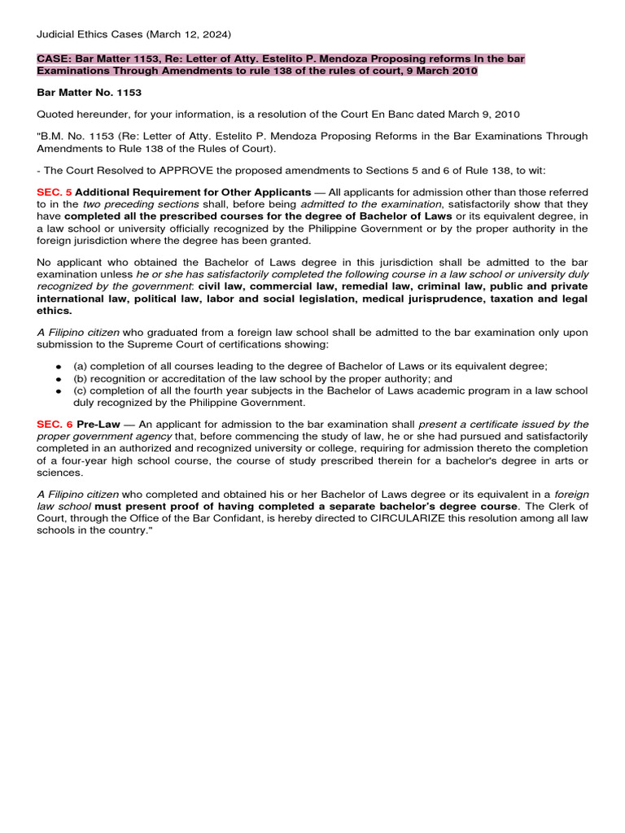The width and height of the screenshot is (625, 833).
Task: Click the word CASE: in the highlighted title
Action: click(54, 59)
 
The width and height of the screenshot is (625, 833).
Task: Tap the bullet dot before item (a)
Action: click(59, 367)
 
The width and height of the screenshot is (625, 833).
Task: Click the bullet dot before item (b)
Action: click(59, 379)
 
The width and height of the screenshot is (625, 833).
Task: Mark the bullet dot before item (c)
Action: click(59, 391)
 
